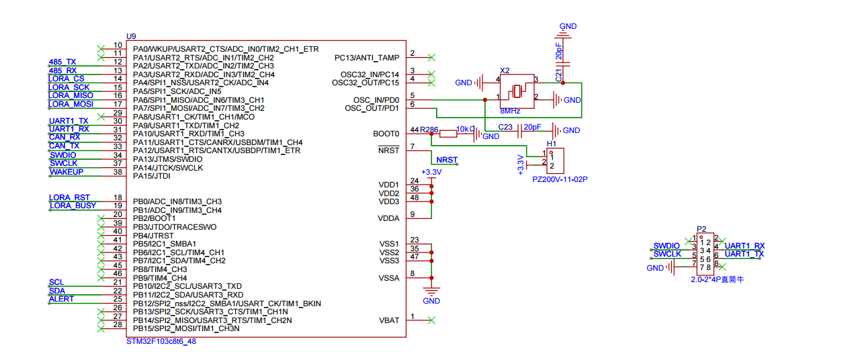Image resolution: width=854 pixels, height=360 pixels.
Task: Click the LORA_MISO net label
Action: pyautogui.click(x=71, y=95)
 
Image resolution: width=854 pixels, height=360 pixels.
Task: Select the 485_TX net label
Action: pyautogui.click(x=62, y=62)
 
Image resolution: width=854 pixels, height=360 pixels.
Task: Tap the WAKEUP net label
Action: pyautogui.click(x=67, y=172)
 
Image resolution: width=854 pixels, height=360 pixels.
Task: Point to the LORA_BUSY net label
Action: pyautogui.click(x=73, y=206)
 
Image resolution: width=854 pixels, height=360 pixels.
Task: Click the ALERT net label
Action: pyautogui.click(x=61, y=299)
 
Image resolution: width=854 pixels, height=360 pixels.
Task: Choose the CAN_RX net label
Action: pyautogui.click(x=65, y=137)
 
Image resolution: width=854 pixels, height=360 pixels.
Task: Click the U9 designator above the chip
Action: pyautogui.click(x=131, y=36)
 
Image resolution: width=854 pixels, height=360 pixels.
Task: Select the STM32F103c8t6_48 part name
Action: pyautogui.click(x=161, y=341)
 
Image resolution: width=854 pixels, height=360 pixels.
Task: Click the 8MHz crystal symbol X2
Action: pyautogui.click(x=517, y=91)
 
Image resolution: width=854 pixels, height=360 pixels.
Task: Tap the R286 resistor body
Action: pyautogui.click(x=448, y=134)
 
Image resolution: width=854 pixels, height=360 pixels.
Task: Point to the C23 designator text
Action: pyautogui.click(x=505, y=127)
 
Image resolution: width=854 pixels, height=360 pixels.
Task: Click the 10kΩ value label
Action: pyautogui.click(x=466, y=129)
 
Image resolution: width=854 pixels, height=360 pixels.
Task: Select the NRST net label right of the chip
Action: pyautogui.click(x=447, y=160)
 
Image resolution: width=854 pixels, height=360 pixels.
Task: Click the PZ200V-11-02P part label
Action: pyautogui.click(x=560, y=179)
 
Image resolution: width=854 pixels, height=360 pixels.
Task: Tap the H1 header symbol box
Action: pyautogui.click(x=555, y=161)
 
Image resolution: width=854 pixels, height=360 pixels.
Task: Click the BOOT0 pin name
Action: pyautogui.click(x=386, y=134)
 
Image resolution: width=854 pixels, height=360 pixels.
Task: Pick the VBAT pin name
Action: pyautogui.click(x=389, y=320)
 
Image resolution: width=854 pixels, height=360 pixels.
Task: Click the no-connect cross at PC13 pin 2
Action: pyautogui.click(x=431, y=58)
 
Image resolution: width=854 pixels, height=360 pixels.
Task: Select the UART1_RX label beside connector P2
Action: pyautogui.click(x=744, y=246)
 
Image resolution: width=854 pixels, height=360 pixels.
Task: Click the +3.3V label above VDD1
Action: pyautogui.click(x=431, y=172)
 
